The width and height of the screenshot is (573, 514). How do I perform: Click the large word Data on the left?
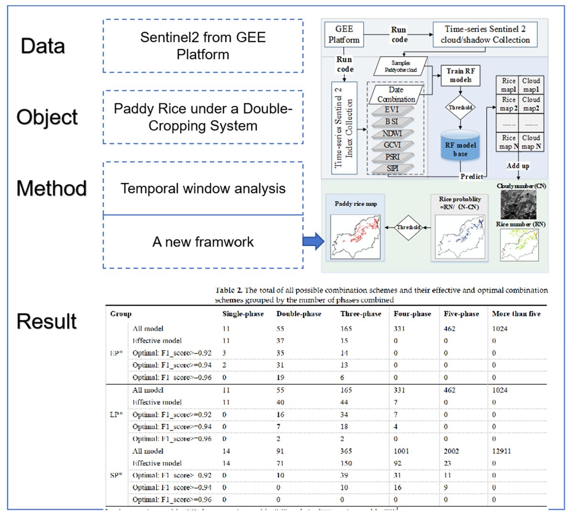(x=43, y=46)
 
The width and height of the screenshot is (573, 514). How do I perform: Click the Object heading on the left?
(x=47, y=117)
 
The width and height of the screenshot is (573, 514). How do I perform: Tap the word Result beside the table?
(x=46, y=321)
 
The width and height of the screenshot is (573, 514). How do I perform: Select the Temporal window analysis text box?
(x=203, y=188)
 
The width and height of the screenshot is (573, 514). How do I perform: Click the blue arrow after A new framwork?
(x=313, y=241)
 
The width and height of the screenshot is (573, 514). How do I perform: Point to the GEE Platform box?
(x=344, y=34)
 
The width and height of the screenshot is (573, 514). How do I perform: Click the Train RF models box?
(x=460, y=76)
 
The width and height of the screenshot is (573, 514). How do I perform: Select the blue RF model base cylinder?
(x=460, y=145)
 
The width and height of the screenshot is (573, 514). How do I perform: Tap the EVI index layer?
(x=392, y=109)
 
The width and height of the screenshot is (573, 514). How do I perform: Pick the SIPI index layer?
(x=392, y=168)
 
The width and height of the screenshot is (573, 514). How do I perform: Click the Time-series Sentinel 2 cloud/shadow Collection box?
(x=485, y=34)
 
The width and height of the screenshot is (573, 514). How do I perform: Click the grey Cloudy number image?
(x=519, y=204)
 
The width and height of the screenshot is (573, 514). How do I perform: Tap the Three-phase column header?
(x=360, y=314)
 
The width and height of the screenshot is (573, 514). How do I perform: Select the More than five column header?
(x=516, y=314)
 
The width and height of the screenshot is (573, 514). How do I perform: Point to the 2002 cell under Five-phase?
(x=451, y=451)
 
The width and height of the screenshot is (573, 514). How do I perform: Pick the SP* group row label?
(x=116, y=475)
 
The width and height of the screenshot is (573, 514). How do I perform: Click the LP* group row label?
(x=116, y=415)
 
